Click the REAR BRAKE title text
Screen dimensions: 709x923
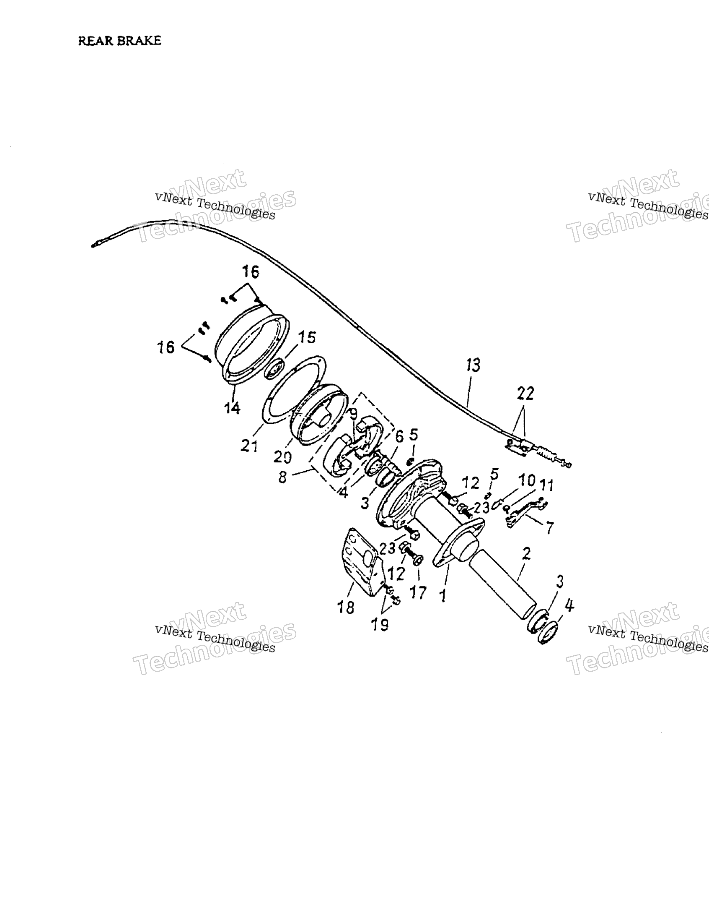(x=120, y=41)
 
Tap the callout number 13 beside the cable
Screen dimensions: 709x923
(x=474, y=365)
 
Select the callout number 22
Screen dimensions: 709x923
(x=525, y=393)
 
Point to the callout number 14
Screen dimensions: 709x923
(x=232, y=408)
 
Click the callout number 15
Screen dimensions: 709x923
(x=307, y=337)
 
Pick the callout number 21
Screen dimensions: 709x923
(x=249, y=446)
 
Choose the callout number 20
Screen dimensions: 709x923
(x=283, y=456)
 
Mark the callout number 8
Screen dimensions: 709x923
(x=282, y=477)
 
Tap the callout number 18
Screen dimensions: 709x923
(x=346, y=608)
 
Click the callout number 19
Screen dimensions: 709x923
(x=379, y=625)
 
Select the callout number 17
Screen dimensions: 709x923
(x=418, y=593)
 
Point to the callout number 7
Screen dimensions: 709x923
(x=549, y=528)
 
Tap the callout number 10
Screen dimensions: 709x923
(x=527, y=480)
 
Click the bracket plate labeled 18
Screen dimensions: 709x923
(x=361, y=562)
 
